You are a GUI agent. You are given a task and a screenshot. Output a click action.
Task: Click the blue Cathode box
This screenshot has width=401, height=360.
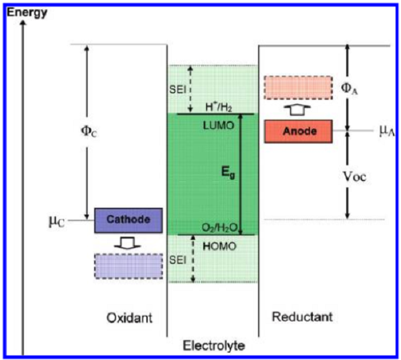[x=128, y=218]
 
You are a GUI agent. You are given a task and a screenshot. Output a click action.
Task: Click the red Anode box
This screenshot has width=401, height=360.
[x=299, y=131]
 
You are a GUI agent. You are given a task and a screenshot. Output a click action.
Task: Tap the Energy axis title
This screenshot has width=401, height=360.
[x=27, y=10]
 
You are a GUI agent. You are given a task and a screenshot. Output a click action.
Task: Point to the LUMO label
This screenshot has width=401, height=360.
[x=215, y=124]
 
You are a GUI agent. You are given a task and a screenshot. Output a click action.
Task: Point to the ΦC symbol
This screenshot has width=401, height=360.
[x=74, y=130]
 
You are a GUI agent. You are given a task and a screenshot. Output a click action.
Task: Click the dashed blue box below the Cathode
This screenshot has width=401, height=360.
[x=128, y=266]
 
